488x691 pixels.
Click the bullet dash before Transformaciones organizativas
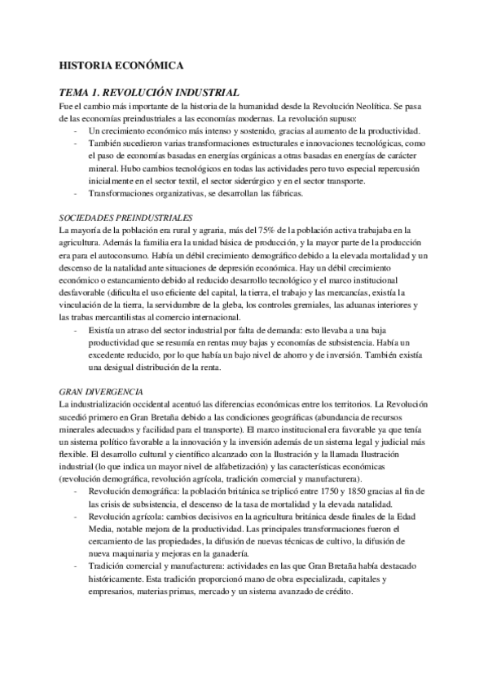[x=76, y=193]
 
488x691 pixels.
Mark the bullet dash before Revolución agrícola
[x=76, y=495]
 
